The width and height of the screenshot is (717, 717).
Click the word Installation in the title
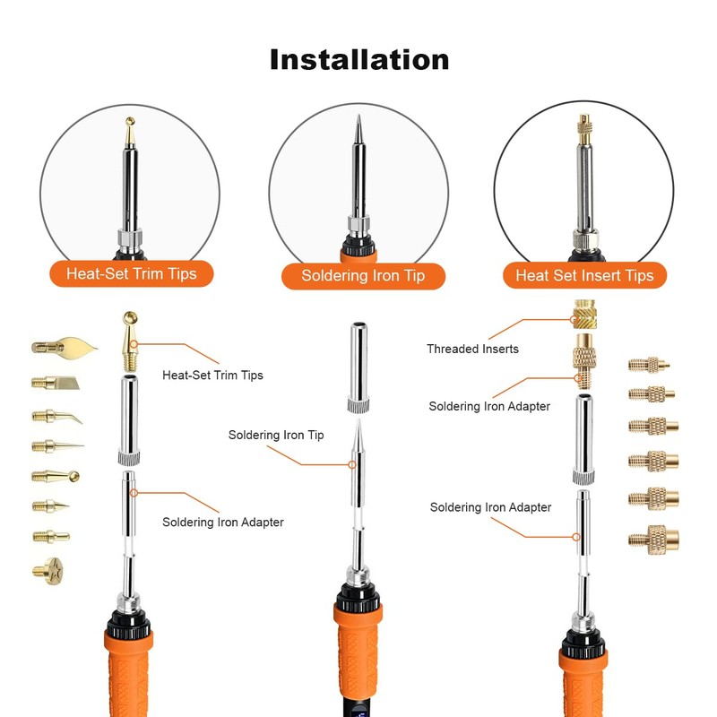click(x=359, y=59)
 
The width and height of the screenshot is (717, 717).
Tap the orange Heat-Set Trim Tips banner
click(x=131, y=272)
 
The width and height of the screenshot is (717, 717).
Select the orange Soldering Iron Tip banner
click(x=363, y=275)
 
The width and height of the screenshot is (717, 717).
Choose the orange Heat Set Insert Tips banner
click(x=584, y=275)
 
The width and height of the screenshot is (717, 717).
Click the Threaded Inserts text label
click(x=472, y=349)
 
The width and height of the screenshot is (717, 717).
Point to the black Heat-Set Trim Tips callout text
click(x=212, y=375)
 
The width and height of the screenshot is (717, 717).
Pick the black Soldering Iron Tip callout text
click(x=276, y=435)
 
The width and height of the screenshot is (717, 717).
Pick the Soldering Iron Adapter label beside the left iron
click(x=223, y=522)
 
